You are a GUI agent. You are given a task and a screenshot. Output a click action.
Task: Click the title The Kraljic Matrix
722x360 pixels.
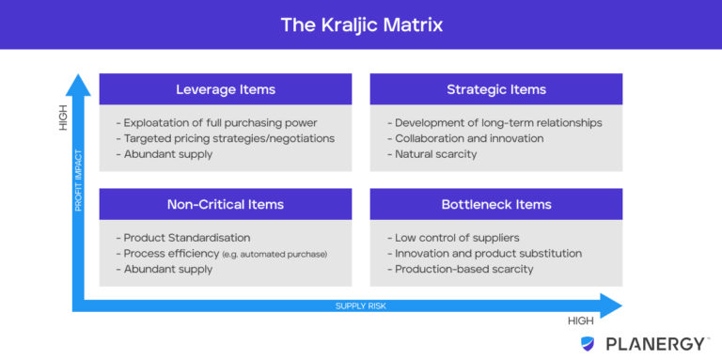point(361,24)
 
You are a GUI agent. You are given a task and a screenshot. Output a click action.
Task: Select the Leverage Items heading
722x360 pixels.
point(226,89)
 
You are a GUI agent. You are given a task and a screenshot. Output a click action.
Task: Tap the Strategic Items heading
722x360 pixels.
point(495,89)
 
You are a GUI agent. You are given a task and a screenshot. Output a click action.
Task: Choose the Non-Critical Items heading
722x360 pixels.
point(226,204)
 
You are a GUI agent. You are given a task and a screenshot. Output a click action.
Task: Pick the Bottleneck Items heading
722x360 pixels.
point(495,204)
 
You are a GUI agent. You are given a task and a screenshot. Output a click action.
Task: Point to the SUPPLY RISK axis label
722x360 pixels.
point(362,305)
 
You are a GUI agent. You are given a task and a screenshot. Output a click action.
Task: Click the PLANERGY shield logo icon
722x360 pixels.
point(588,344)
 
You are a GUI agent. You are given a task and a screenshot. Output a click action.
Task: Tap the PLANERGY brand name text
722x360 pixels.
point(651,344)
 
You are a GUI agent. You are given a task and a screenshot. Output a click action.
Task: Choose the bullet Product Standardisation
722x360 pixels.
point(184,238)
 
